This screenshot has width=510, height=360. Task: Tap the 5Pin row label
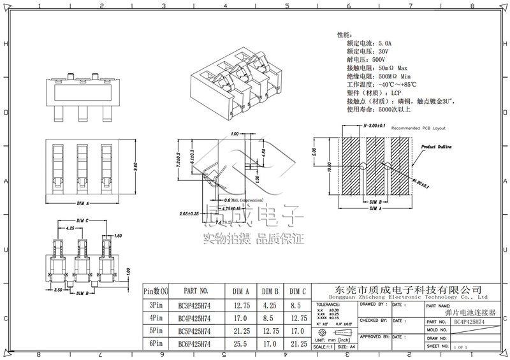tap(156, 331)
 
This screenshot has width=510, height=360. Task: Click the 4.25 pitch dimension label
tap(69, 227)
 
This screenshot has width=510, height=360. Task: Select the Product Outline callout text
tap(436, 147)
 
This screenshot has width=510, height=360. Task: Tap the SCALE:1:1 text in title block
tap(327, 346)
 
